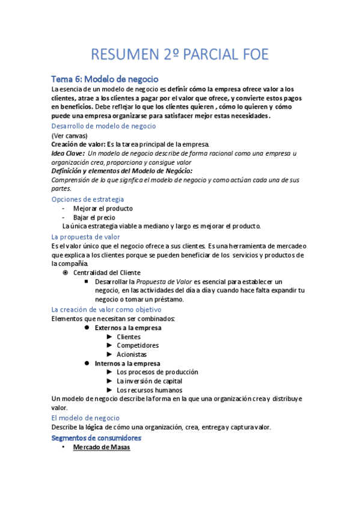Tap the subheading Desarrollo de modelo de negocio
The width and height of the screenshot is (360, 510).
tap(103, 126)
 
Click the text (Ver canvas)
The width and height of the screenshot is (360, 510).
tap(69, 136)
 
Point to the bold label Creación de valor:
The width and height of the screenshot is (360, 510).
tap(78, 144)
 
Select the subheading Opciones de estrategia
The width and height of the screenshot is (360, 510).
tap(88, 199)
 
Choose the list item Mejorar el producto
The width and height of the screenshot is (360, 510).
tap(103, 209)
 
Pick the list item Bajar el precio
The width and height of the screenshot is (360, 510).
tap(94, 218)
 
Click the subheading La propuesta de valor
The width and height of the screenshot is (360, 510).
tap(85, 237)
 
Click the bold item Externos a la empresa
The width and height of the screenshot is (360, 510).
tap(127, 328)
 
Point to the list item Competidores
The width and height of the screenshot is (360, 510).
tap(138, 346)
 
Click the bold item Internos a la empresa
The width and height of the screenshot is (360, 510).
tap(127, 363)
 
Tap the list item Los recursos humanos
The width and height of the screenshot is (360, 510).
tap(149, 390)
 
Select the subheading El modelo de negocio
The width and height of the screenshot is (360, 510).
tap(85, 417)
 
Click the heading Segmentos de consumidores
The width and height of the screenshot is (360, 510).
tap(96, 438)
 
